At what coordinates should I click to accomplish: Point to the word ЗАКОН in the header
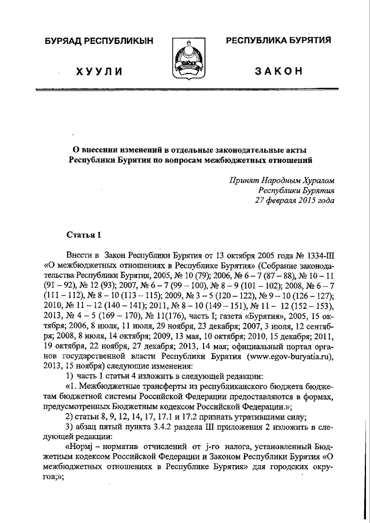tap(279, 71)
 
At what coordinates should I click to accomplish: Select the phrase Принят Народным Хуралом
tap(282, 180)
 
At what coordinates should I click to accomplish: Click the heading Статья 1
tap(83, 234)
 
